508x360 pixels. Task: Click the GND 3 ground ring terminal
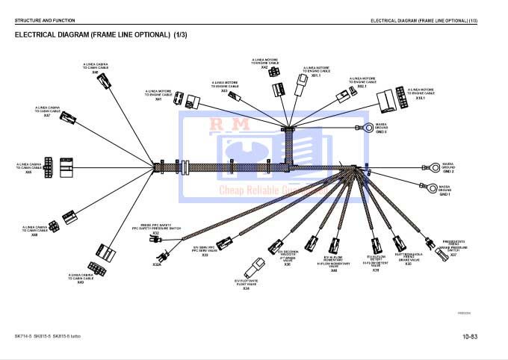click(368, 128)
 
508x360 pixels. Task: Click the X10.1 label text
click(420, 98)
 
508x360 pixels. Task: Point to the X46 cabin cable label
click(29, 172)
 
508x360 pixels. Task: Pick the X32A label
click(157, 264)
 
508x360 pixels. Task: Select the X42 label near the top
click(264, 68)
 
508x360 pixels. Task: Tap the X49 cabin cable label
click(81, 282)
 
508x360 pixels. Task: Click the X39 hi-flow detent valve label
click(376, 270)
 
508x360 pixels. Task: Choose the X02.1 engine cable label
click(362, 86)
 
